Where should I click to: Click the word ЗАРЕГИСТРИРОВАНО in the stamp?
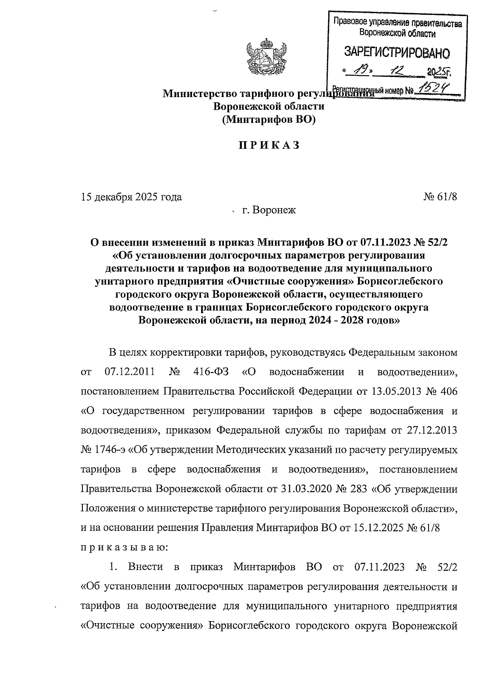(x=396, y=53)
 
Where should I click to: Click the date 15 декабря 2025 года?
(x=131, y=197)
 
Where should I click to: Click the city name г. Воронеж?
(x=269, y=210)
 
